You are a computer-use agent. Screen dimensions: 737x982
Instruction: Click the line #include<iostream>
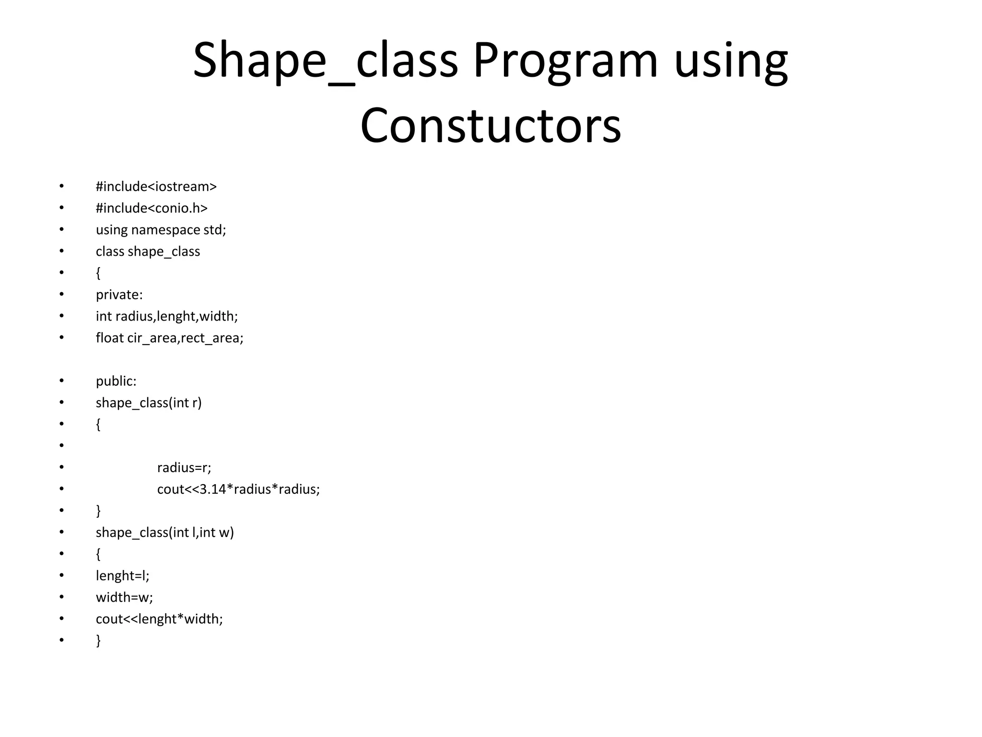[156, 187]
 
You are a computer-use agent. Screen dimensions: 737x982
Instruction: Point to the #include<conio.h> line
[152, 208]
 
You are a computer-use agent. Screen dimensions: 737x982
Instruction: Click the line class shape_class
[148, 251]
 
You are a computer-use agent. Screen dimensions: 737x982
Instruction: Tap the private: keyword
[119, 295]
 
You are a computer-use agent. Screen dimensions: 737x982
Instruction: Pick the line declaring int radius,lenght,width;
[166, 316]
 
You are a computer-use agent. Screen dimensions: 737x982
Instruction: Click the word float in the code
[109, 338]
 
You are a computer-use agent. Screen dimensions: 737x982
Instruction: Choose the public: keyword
[116, 381]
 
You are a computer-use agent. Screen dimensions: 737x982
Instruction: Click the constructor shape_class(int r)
[149, 403]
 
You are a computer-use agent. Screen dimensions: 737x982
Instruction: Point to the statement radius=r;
[184, 467]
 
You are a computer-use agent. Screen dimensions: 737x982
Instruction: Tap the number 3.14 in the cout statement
[212, 489]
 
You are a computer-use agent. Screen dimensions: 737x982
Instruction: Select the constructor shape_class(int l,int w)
[164, 532]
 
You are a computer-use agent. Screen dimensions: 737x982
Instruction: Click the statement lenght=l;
[123, 575]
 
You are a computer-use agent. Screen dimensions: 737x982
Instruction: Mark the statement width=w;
[124, 597]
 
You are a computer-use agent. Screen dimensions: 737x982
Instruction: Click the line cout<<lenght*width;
[159, 618]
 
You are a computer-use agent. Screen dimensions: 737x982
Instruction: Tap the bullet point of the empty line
[61, 446]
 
